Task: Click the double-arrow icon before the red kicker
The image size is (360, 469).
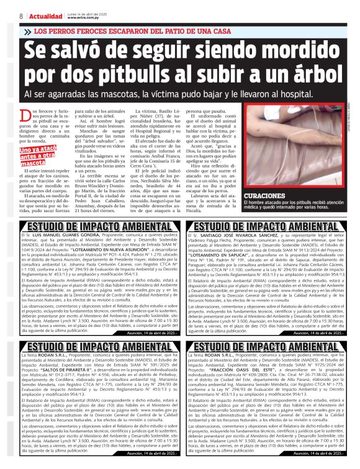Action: point(29,30)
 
